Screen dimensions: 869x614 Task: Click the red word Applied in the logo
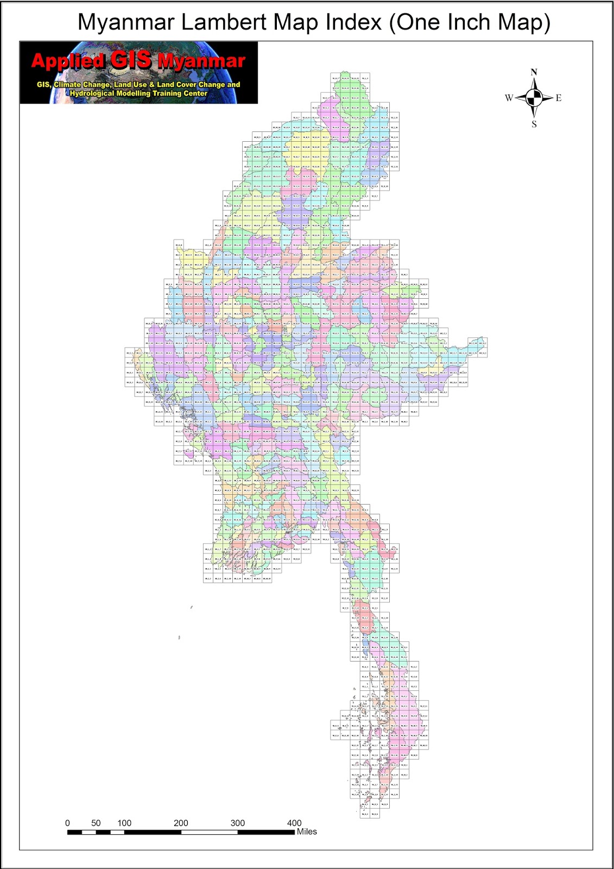pyautogui.click(x=67, y=60)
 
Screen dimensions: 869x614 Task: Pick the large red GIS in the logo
pyautogui.click(x=131, y=59)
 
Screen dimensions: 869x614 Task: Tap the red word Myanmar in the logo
pyautogui.click(x=201, y=61)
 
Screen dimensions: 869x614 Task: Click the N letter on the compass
pyautogui.click(x=534, y=72)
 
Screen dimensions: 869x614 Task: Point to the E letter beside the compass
pyautogui.click(x=559, y=98)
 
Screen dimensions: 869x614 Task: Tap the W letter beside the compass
pyautogui.click(x=509, y=98)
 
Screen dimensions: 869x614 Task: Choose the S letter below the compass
pyautogui.click(x=534, y=124)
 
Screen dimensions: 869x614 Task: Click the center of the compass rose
pyautogui.click(x=534, y=98)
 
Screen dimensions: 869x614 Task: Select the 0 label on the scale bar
pyautogui.click(x=67, y=823)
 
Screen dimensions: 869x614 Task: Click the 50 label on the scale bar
pyautogui.click(x=96, y=823)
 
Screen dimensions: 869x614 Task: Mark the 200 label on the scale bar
pyautogui.click(x=181, y=823)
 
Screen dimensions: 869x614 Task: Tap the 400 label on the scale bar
pyautogui.click(x=294, y=823)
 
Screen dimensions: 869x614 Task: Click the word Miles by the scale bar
pyautogui.click(x=307, y=832)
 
